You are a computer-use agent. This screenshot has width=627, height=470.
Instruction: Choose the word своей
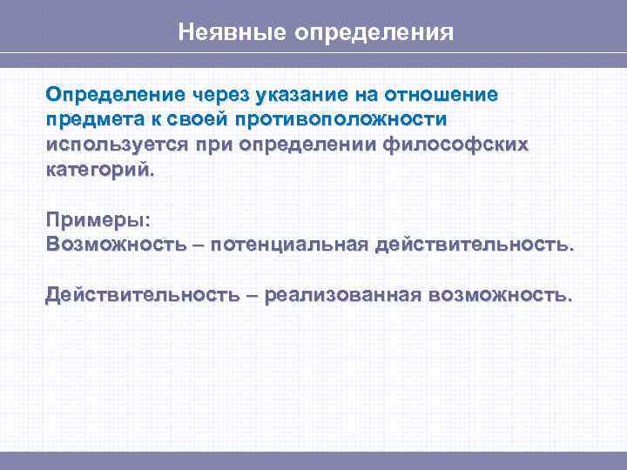[197, 119]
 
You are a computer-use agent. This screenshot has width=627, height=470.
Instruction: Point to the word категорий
[99, 171]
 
